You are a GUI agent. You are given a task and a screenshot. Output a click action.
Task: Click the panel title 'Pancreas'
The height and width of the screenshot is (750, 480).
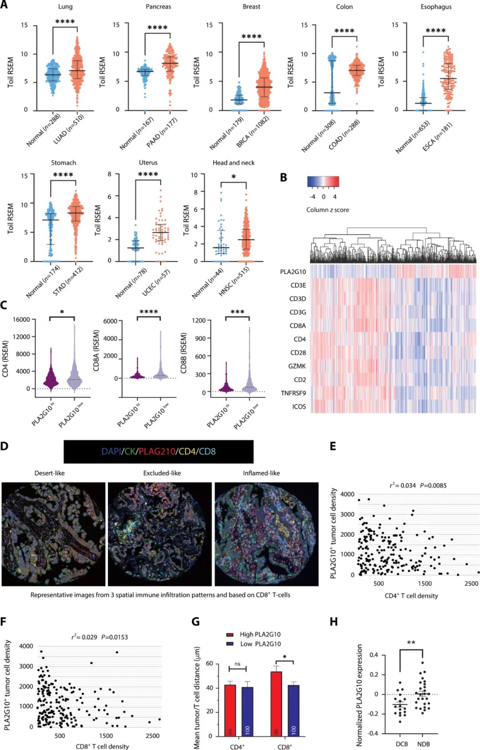pyautogui.click(x=158, y=7)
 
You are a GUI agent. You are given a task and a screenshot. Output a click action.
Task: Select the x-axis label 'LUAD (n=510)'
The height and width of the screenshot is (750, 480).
pyautogui.click(x=69, y=129)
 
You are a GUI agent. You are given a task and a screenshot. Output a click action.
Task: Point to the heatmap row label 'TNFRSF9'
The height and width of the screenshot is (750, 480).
pyautogui.click(x=293, y=393)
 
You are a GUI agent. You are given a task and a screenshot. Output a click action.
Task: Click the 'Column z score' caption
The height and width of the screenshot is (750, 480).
pyautogui.click(x=328, y=210)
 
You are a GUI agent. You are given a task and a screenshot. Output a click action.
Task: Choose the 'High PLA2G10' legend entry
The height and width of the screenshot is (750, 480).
pyautogui.click(x=260, y=634)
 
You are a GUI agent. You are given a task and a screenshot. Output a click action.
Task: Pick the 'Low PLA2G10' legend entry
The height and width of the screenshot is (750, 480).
pyautogui.click(x=260, y=644)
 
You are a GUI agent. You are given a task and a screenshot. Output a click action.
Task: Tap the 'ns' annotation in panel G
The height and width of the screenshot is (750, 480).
pyautogui.click(x=237, y=664)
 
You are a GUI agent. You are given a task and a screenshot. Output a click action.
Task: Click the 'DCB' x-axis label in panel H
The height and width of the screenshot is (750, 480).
pyautogui.click(x=402, y=744)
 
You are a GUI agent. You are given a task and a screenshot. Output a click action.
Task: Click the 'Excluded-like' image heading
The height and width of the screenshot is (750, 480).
pyautogui.click(x=162, y=473)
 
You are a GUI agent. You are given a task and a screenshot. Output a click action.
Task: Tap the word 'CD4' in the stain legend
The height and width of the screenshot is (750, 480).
pyautogui.click(x=187, y=451)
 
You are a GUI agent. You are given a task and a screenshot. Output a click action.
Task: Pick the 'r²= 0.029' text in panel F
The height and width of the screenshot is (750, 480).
pyautogui.click(x=84, y=637)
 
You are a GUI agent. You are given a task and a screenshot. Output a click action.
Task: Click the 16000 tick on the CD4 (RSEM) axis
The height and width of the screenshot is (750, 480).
pyautogui.click(x=21, y=319)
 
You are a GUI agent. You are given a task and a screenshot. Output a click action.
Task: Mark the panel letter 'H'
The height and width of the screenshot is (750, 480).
pyautogui.click(x=334, y=622)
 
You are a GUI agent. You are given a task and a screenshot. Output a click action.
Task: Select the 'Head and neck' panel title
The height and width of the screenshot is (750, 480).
pyautogui.click(x=233, y=163)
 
